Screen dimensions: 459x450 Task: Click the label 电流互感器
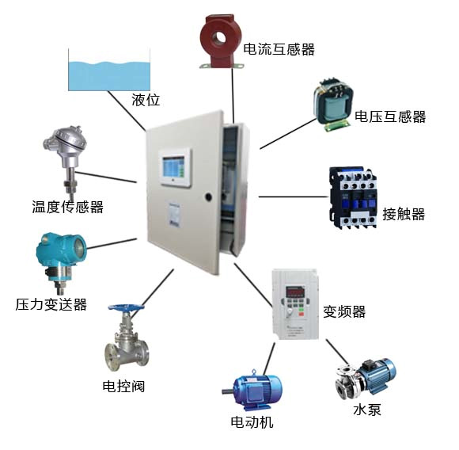coord(279,49)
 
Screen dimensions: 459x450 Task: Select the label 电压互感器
coord(390,116)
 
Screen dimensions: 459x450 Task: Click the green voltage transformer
coord(333,105)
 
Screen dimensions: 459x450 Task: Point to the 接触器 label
coord(404,214)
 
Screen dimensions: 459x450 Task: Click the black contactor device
coord(353,197)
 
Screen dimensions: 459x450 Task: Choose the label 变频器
coord(344,311)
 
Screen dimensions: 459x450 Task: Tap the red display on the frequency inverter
coord(294,292)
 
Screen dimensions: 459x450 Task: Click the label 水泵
coord(367,410)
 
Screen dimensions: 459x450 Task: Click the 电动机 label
coord(252,422)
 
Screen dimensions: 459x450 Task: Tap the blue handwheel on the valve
coord(126,308)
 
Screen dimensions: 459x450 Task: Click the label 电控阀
coord(123,386)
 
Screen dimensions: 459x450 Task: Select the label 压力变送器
coord(51,304)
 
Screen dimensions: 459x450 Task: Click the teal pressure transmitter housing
coord(61,251)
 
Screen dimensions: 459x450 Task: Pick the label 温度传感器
coord(67,207)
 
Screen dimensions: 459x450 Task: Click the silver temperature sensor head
coord(65,142)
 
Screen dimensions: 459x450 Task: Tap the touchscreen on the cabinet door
coord(173,168)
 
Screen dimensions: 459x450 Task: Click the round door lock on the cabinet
coord(208,196)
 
